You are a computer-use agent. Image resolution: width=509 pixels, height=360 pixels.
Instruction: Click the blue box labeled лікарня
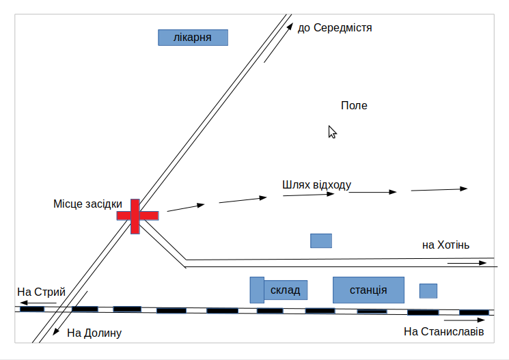coord(193,37)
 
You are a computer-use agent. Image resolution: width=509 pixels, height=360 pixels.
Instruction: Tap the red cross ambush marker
coord(137,215)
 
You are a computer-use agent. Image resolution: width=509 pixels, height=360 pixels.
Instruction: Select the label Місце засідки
coord(87,204)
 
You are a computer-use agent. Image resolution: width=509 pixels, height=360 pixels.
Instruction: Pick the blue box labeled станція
coord(368,290)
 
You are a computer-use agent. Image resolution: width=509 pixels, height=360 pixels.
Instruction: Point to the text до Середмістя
coord(335,28)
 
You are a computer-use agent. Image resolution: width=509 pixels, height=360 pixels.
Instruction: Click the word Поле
coord(354,106)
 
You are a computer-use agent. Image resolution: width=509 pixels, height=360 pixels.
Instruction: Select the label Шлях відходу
coord(316,185)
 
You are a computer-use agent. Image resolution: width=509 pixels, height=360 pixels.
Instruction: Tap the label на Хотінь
coord(445,245)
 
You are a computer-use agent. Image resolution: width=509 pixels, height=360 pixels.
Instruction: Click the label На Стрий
coord(41,292)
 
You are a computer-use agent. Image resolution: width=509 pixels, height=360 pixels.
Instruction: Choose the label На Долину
coord(94,333)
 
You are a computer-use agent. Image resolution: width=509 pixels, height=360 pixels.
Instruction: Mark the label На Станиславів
coord(443,332)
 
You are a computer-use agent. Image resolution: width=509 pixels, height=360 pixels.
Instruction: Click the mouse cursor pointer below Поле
coord(332,132)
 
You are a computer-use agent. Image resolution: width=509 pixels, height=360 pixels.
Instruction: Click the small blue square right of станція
coord(428,291)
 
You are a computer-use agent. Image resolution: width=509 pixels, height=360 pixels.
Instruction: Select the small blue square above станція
coord(321,240)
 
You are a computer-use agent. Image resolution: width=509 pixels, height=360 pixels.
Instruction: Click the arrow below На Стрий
coord(38,301)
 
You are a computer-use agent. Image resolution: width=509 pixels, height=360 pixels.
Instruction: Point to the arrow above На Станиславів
coord(467,318)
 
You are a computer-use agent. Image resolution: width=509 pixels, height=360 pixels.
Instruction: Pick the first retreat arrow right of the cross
coord(186,208)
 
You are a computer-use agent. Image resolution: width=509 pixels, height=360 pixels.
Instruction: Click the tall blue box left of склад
coord(257,290)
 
